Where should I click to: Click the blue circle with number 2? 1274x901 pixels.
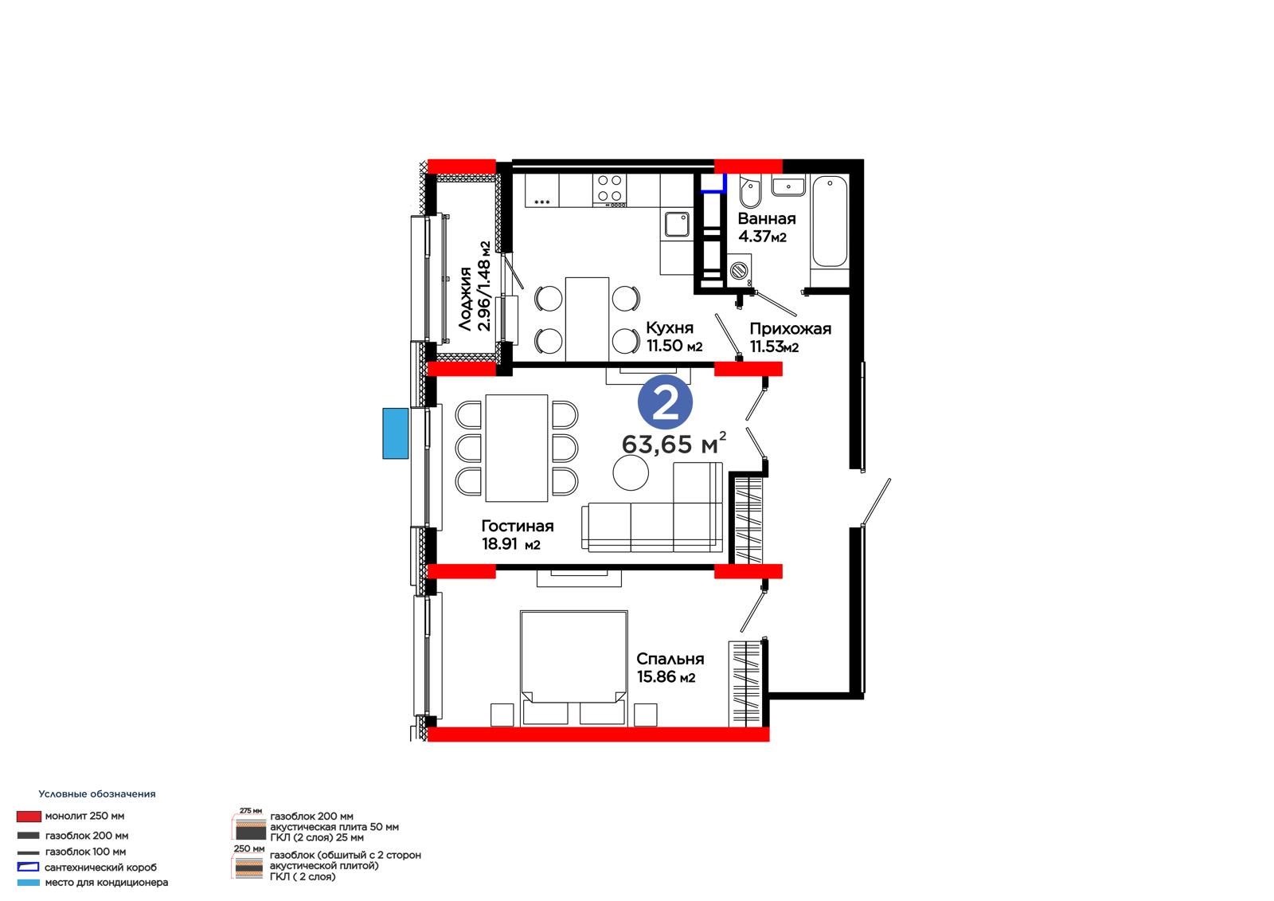[665, 402]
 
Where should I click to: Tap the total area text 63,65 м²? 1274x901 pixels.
[674, 444]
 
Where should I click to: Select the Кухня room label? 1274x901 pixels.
[670, 328]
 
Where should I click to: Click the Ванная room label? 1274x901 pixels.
[767, 218]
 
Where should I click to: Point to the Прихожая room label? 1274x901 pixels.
[790, 328]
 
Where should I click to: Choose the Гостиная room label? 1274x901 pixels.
[517, 526]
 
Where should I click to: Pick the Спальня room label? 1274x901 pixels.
[670, 659]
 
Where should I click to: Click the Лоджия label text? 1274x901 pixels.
[466, 299]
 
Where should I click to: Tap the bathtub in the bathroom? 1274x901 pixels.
[830, 221]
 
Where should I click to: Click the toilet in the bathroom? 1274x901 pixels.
[750, 192]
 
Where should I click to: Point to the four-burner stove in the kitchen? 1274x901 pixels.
[610, 190]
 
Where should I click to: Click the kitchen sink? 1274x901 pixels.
[677, 224]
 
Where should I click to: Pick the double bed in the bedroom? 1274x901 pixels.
[574, 668]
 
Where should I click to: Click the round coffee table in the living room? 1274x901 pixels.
[630, 472]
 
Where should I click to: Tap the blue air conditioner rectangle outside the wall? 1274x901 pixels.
[395, 433]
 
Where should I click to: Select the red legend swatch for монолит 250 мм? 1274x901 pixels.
[29, 817]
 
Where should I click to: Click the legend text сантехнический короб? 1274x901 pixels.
[100, 868]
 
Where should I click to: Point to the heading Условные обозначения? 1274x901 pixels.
[96, 794]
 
